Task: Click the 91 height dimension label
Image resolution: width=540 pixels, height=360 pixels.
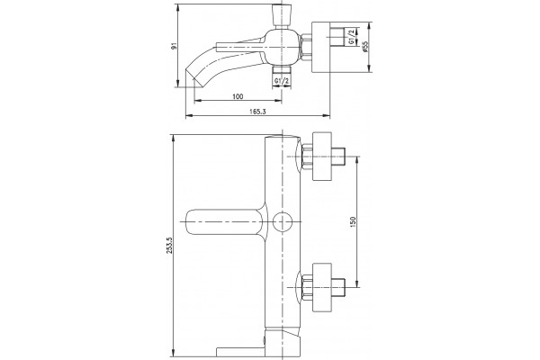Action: (x=175, y=46)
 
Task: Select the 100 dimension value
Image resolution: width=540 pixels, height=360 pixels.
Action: (x=238, y=96)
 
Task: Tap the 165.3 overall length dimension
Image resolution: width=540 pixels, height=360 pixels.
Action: (x=258, y=112)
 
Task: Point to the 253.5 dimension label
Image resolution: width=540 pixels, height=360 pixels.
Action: (x=169, y=246)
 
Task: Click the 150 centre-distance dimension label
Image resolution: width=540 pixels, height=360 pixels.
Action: (x=352, y=222)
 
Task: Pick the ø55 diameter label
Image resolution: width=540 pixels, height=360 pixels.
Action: (x=365, y=47)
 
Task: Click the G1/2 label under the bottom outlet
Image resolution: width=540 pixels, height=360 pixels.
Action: (x=282, y=81)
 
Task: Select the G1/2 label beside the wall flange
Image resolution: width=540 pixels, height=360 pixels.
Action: (x=351, y=37)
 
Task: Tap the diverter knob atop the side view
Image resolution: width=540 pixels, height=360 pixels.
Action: (x=282, y=15)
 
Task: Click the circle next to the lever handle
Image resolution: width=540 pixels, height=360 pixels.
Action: (x=282, y=222)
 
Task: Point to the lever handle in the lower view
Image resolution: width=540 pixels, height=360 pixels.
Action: (x=226, y=222)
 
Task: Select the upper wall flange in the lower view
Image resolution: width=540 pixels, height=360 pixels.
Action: (x=321, y=157)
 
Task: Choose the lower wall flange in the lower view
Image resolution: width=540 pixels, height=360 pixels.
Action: (x=321, y=287)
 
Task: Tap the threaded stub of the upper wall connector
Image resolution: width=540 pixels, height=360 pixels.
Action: (x=338, y=157)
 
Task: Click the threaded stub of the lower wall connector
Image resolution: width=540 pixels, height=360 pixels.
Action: (x=338, y=287)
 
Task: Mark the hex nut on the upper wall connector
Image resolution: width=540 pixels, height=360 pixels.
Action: (x=307, y=157)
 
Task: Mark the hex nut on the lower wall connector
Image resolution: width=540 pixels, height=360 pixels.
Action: (x=307, y=288)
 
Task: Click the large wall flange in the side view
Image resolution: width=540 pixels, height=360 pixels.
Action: (x=320, y=48)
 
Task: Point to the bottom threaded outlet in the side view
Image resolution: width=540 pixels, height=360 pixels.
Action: (x=282, y=70)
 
